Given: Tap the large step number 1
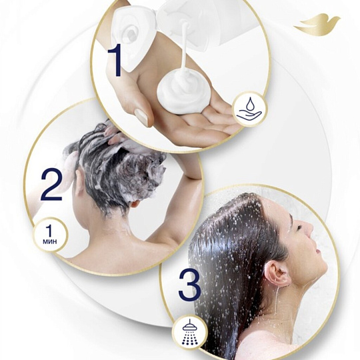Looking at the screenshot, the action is coord(117,60).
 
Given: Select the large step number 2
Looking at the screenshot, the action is coord(51,185).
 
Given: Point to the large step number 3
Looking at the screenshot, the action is coord(189,285).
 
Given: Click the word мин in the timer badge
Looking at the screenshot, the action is coord(50,241).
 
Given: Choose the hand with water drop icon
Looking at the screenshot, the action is coord(249,109).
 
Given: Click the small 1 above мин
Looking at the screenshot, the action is coord(49,230).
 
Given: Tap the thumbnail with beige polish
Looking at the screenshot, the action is coord(141,117).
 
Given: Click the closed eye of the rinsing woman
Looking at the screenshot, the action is coord(299,228).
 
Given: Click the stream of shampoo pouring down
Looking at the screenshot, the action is coord(184,47).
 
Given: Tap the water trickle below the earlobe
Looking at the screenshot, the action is coord(277,299).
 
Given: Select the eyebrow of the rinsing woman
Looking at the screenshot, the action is coord(291,217).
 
